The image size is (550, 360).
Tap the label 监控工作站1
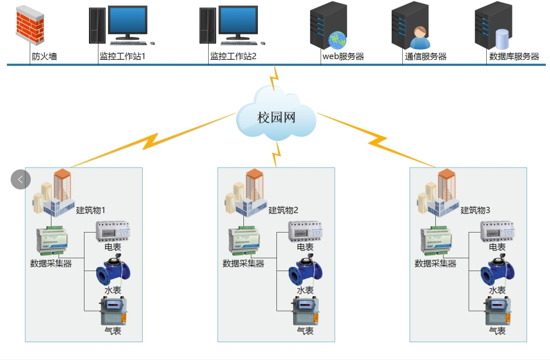(x=122, y=56)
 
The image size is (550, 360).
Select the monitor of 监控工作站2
(x=238, y=21)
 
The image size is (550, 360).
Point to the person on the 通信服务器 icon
(x=420, y=38)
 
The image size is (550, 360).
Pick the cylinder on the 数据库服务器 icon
(x=502, y=38)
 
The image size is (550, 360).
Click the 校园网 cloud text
(x=276, y=117)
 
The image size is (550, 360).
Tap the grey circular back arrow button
(x=21, y=179)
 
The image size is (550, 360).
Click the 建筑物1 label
(x=91, y=210)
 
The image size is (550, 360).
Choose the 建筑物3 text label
(x=475, y=210)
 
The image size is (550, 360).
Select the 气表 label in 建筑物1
(x=112, y=330)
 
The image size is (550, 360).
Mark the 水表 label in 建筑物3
(x=497, y=290)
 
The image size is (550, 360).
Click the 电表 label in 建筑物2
(x=305, y=247)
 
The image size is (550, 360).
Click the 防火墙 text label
(x=44, y=56)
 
